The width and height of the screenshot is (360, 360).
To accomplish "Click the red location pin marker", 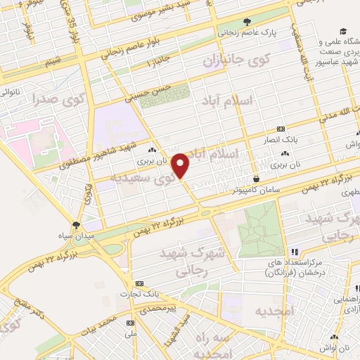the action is pos(181,165).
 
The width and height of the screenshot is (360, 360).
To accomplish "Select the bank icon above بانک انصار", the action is pos(281,129).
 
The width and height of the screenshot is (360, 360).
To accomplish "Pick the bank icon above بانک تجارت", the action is pos(140,283).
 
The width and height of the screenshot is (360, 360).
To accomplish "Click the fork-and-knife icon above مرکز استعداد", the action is pos(295,251).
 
